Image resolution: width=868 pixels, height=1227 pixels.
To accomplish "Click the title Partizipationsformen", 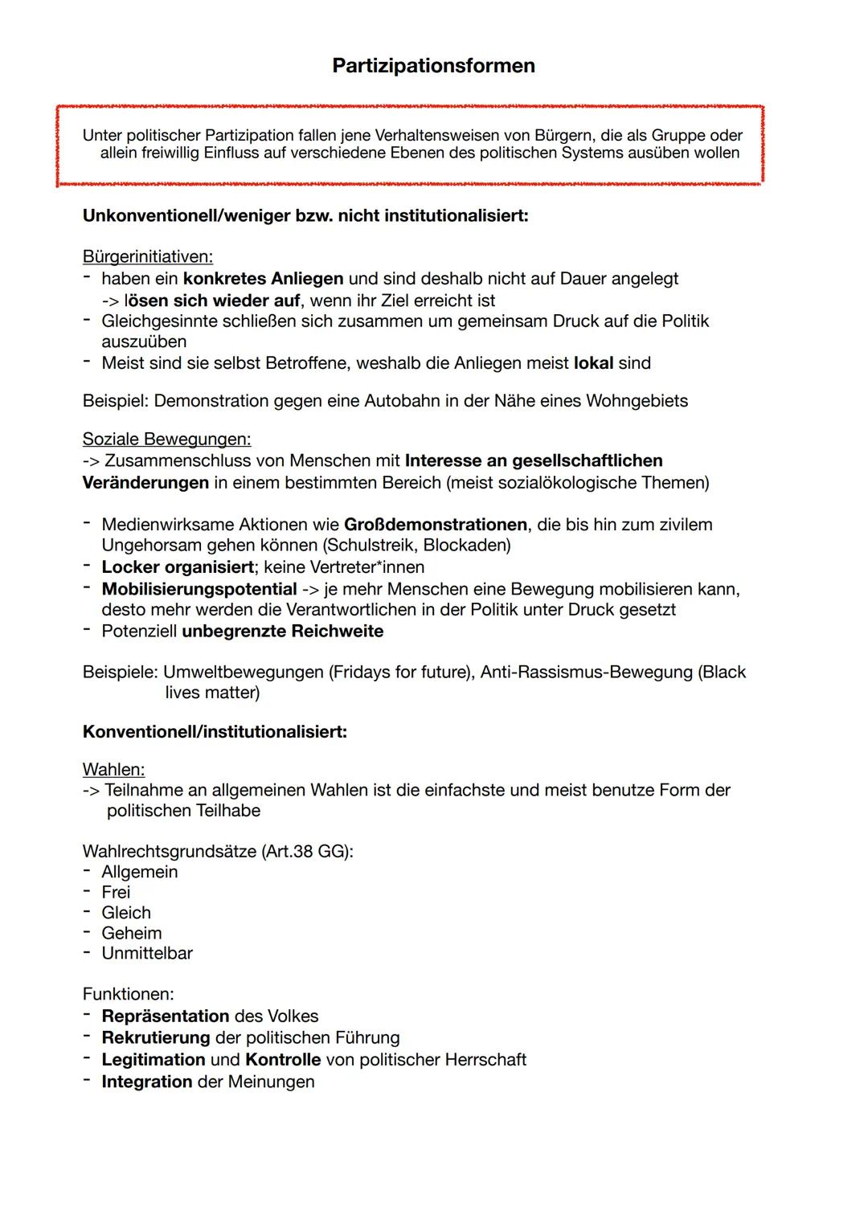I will point(433,66).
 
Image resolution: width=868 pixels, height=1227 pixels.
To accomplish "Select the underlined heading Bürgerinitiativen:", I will point(147,257).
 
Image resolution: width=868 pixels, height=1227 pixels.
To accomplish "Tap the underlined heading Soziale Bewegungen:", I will point(166,440).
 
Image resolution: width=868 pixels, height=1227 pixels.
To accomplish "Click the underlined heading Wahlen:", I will point(113,770).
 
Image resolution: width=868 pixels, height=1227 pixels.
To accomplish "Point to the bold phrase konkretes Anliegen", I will point(263,279).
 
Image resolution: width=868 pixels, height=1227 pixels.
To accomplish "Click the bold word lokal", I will point(593,363).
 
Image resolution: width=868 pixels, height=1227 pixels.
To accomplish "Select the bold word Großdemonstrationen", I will point(436,525).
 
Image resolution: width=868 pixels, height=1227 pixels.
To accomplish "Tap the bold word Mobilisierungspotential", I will point(199,589).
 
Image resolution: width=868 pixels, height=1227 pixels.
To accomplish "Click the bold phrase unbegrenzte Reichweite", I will point(282,632).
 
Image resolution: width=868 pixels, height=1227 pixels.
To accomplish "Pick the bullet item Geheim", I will point(131,933).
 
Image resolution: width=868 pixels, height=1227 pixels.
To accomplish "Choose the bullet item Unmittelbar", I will point(147,954).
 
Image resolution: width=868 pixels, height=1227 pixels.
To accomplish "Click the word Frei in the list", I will point(116,892).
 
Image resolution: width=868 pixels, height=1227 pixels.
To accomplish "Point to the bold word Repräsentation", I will point(166,1016).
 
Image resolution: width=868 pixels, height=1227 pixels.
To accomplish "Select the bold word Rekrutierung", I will point(155,1038).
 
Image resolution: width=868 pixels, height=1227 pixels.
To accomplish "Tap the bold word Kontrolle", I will point(283,1060).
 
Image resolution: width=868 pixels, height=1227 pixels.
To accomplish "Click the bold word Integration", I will point(147,1082).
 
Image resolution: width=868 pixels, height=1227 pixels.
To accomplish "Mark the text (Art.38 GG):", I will point(308,852).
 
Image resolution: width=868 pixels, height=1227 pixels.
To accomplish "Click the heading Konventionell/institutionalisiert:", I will point(215,732).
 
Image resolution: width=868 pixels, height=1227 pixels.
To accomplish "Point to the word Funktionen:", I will point(128,995).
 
